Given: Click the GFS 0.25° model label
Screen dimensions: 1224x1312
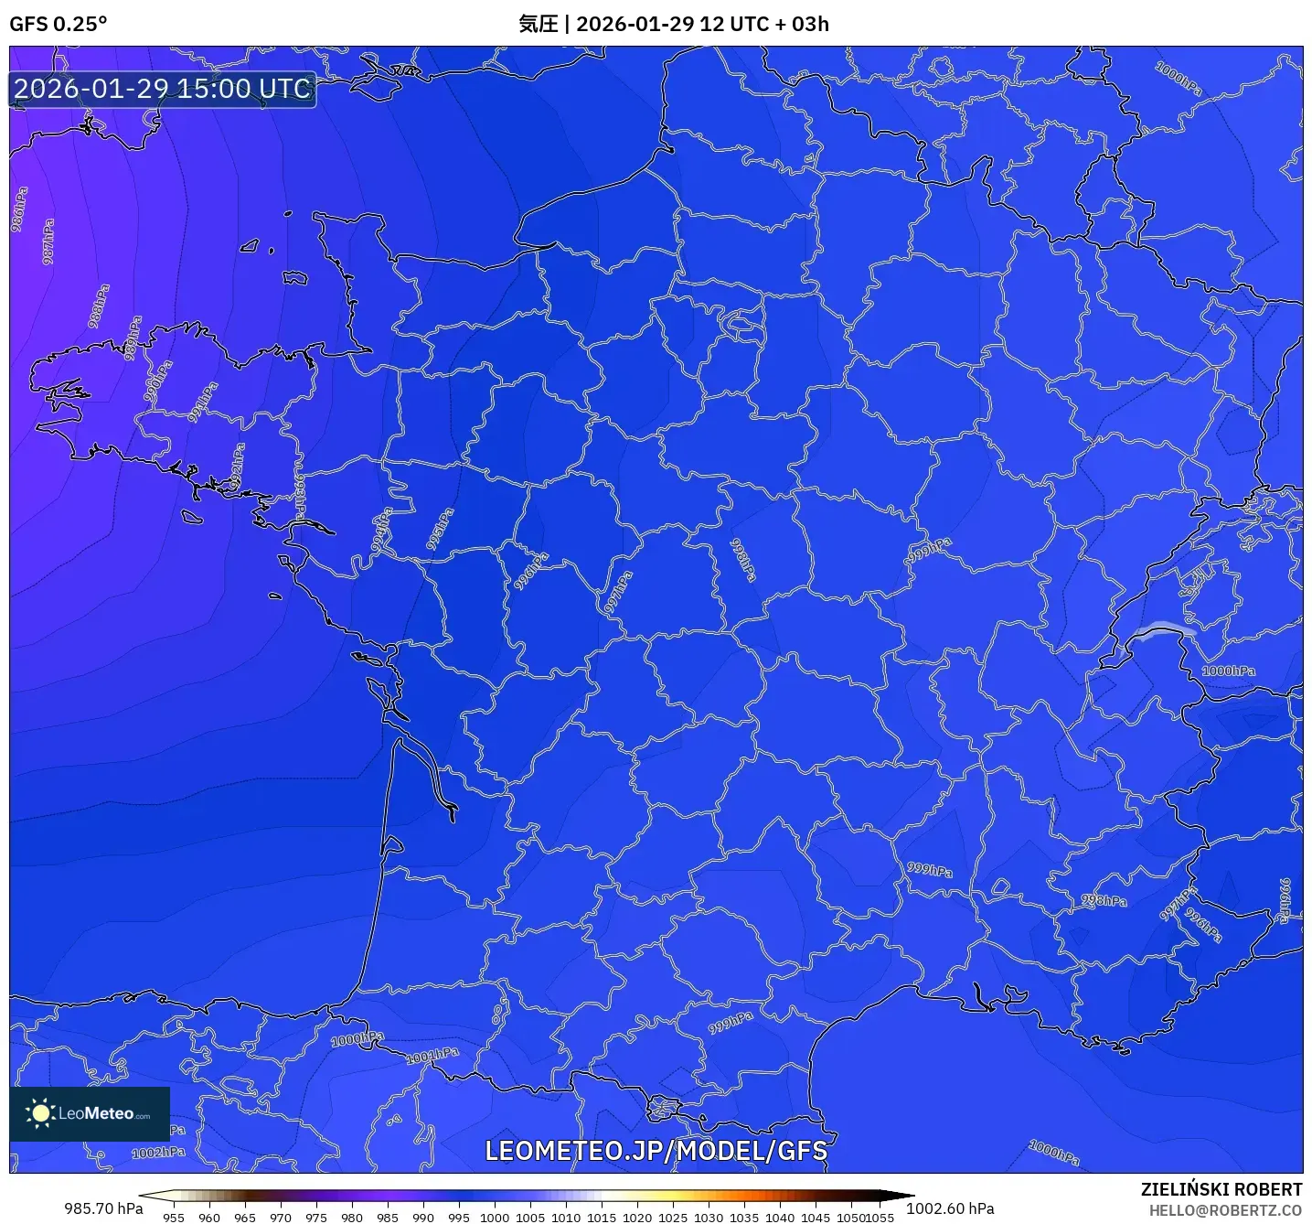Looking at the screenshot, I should coord(58,24).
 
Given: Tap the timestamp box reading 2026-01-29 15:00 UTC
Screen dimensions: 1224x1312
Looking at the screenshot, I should coord(163,90).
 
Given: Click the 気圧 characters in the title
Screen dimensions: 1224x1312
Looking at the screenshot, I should coord(538,24).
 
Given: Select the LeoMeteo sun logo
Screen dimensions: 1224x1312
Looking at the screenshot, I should coord(40,1112).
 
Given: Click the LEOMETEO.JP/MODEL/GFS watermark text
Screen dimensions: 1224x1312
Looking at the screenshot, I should coord(656,1151).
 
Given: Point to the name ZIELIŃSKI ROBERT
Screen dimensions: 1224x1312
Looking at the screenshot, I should coord(1221,1189).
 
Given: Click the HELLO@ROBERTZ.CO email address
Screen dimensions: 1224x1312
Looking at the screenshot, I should coord(1225,1210).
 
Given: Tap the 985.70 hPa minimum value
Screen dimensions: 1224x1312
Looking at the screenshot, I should coord(103,1208).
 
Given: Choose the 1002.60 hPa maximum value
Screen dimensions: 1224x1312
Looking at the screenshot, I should coord(950,1208).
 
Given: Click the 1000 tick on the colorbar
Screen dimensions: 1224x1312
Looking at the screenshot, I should coord(495,1217).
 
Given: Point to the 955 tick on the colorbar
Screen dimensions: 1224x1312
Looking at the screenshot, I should coord(174,1217).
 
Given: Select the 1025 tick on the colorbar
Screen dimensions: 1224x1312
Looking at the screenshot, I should coord(673,1217).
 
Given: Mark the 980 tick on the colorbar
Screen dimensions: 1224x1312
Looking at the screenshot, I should coord(352,1217).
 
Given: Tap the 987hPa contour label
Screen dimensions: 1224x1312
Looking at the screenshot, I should coord(48,242).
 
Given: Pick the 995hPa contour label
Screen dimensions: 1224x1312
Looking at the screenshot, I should coord(440,530).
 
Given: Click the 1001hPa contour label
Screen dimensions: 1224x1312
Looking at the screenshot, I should coord(433,1055).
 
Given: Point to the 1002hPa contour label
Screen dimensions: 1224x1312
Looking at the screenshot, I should coord(158,1153).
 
